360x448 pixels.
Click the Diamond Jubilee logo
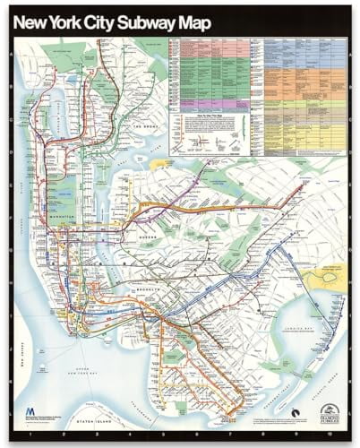tap(330, 413)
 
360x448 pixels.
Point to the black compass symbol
tap(296, 413)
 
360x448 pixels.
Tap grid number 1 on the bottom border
tap(32, 434)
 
